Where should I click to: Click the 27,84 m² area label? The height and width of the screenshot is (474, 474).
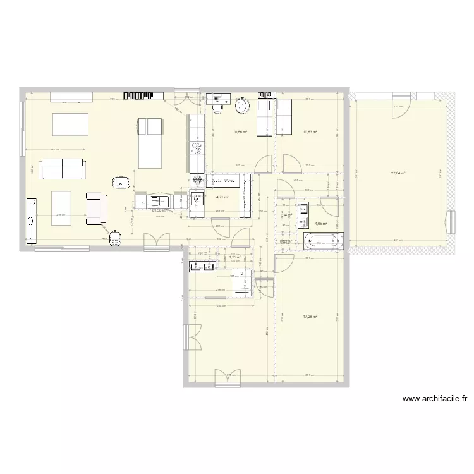(x=398, y=173)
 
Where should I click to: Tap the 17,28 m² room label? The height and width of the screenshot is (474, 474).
(x=310, y=317)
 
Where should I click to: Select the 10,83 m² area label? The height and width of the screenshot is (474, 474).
(x=310, y=132)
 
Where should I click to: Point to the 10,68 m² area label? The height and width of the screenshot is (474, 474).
(x=240, y=132)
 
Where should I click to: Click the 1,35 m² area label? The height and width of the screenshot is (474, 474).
(x=235, y=258)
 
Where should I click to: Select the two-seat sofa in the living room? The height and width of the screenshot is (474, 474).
(x=62, y=169)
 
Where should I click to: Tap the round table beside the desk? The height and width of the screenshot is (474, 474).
(x=243, y=107)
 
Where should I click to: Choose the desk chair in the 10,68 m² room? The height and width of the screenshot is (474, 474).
(x=220, y=107)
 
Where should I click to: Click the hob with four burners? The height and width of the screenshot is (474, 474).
(x=197, y=181)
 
